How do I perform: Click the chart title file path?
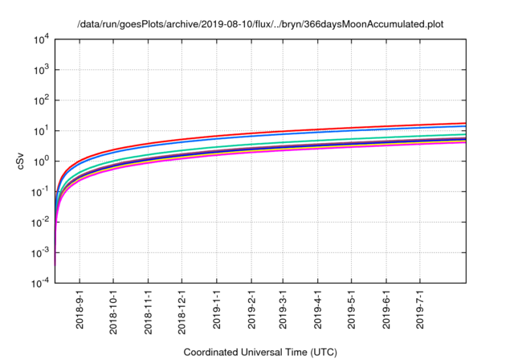(260, 24)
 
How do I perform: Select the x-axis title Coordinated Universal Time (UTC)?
(260, 352)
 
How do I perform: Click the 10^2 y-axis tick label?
(42, 100)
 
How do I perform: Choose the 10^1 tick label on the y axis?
(42, 131)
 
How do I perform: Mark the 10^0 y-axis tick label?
(42, 162)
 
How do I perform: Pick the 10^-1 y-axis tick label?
(40, 192)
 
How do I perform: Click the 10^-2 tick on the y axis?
(40, 223)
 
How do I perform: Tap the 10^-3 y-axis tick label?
(40, 253)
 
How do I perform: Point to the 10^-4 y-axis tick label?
(40, 284)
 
